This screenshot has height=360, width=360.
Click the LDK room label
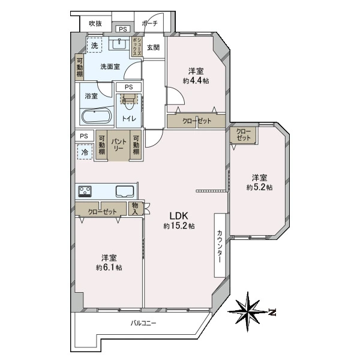pos(178,216)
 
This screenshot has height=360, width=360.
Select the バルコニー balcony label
pos(143,324)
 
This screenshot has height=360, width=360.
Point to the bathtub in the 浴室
pos(96,116)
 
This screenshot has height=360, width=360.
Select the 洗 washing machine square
pos(94,45)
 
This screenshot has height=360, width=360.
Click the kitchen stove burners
pos(84,192)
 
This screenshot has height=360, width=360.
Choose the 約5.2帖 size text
pos(259,187)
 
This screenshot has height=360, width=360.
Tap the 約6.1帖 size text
pos(109,267)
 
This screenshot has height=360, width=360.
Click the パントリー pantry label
pos(118,144)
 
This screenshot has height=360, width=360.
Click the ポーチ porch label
pos(149,23)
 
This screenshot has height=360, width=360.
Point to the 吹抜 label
pos(95,23)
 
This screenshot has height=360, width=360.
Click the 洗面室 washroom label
pos(110,67)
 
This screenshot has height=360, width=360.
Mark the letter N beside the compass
pos(272,312)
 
